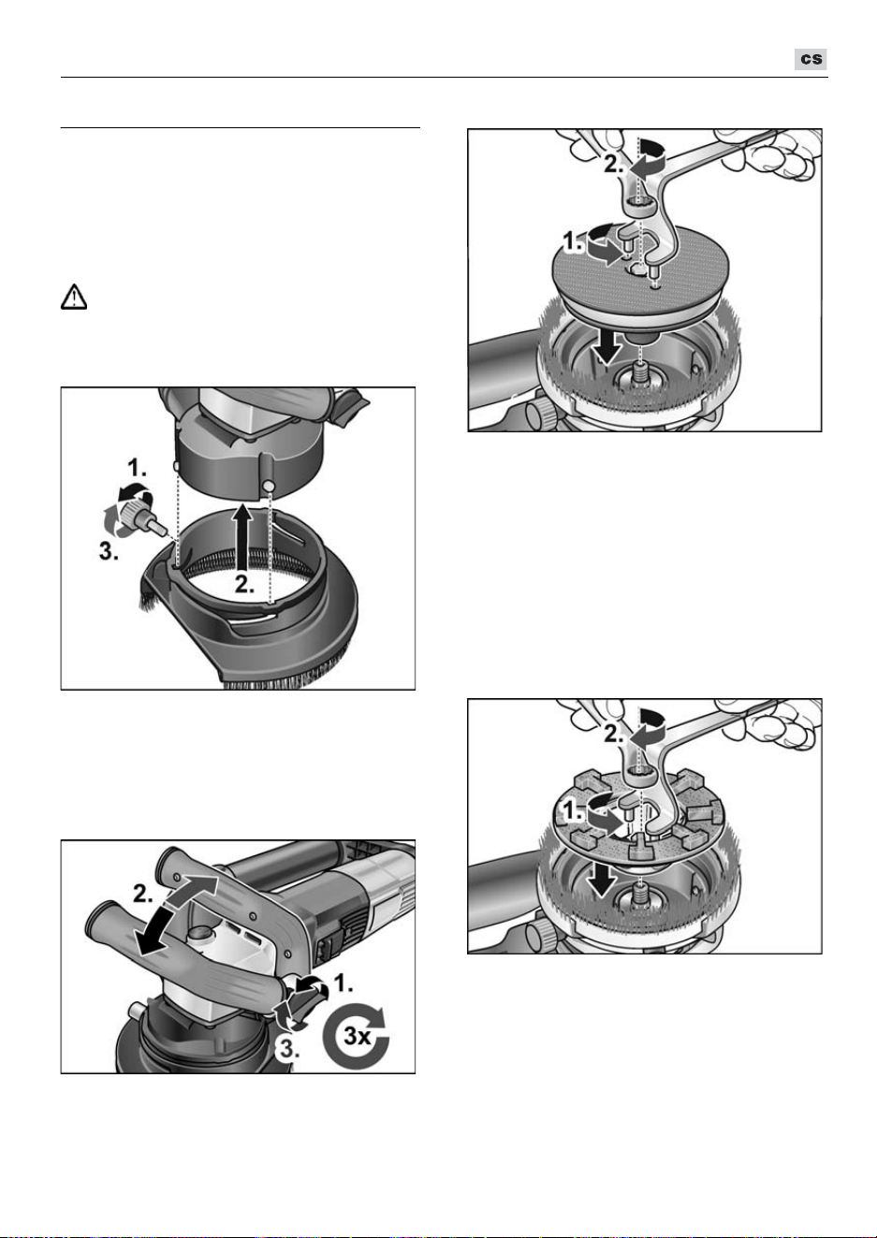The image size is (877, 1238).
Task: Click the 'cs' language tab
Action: [x=811, y=59]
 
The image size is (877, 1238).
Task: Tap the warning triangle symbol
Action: [x=74, y=297]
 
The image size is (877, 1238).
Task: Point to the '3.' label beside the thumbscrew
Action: [x=109, y=550]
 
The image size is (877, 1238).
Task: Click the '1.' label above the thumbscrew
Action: [x=138, y=468]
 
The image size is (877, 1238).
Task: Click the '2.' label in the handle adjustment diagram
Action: [x=142, y=894]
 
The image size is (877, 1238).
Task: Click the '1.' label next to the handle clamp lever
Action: [x=343, y=984]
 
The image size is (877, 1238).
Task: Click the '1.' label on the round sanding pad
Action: [x=574, y=242]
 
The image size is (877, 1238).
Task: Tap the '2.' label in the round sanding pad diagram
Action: [x=614, y=164]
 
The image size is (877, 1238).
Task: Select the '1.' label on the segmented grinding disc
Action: [x=574, y=811]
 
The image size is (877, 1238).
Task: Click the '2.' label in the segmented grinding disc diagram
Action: [x=614, y=734]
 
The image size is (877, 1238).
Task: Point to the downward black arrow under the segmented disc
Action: [x=601, y=880]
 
